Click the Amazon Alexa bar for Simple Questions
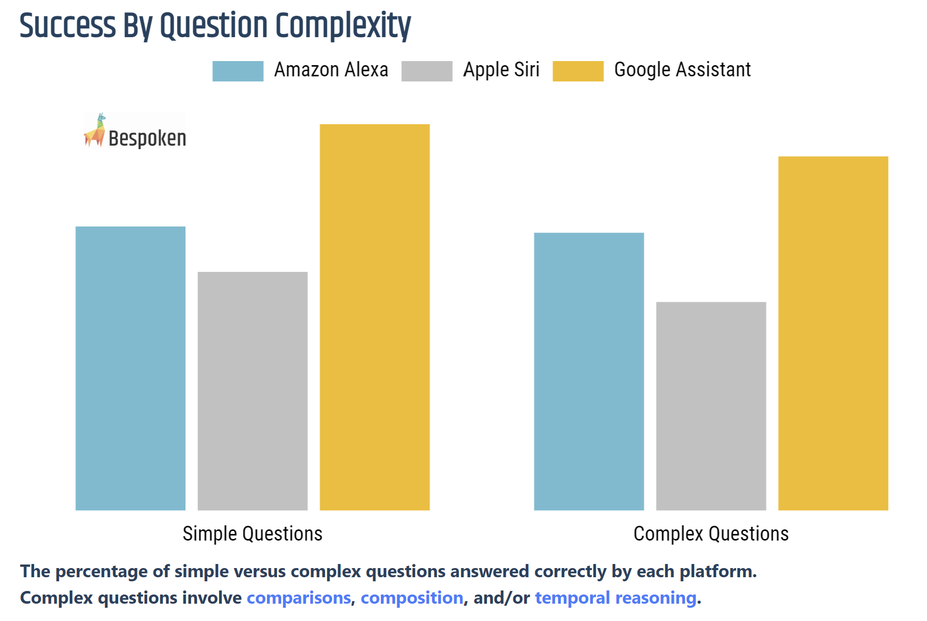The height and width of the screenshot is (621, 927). tap(130, 368)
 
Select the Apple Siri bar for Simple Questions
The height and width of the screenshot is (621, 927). tap(253, 391)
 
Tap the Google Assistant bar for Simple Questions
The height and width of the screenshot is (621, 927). tap(375, 317)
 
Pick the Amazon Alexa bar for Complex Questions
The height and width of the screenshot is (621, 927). tap(589, 371)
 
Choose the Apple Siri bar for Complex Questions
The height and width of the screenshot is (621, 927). tap(711, 406)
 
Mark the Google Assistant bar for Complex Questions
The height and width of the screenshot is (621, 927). tap(833, 333)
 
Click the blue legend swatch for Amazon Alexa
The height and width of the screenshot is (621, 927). tap(238, 71)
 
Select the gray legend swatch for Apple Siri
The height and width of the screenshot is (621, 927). tap(427, 71)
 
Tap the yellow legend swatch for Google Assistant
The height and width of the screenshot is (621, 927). tap(578, 71)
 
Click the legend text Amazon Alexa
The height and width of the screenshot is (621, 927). tap(331, 70)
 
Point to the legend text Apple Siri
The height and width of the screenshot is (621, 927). tap(501, 70)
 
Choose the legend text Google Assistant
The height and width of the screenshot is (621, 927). tap(683, 70)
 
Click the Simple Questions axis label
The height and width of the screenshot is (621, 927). tap(253, 533)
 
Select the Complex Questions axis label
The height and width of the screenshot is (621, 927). tap(711, 533)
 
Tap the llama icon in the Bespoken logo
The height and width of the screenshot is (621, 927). tap(95, 131)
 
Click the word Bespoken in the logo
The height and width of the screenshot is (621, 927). tap(147, 138)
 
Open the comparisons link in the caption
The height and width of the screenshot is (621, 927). tap(299, 598)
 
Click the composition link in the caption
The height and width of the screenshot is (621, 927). tap(412, 598)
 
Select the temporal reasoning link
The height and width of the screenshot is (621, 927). tap(615, 598)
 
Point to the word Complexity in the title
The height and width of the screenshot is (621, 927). tap(343, 25)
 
